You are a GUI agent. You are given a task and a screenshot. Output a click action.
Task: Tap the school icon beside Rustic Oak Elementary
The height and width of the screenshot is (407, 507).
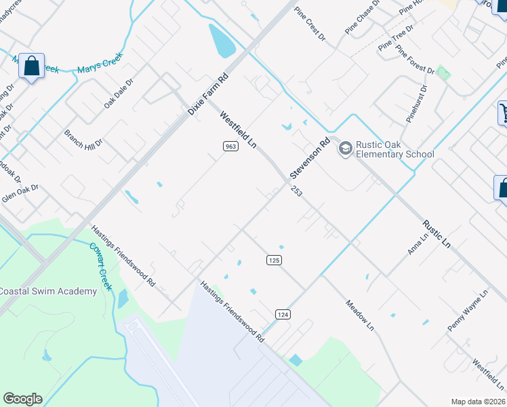(x=345, y=148)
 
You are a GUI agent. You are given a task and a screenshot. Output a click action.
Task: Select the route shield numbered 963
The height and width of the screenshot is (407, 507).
(x=230, y=147)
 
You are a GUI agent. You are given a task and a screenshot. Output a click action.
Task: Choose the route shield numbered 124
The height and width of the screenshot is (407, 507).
(x=283, y=313)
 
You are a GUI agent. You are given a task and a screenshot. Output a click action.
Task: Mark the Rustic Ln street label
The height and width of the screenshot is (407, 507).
(x=437, y=232)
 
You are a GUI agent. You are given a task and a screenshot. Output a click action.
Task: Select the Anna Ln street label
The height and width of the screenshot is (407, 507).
(x=418, y=244)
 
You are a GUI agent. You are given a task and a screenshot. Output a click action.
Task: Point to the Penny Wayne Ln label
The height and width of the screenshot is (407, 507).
(x=468, y=312)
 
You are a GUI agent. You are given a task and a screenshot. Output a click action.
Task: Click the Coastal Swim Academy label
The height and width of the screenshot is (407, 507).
(x=47, y=291)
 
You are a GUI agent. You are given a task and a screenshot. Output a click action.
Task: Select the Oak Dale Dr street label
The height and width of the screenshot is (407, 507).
(x=119, y=93)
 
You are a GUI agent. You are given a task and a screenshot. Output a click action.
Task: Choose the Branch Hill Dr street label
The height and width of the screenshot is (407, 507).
(x=83, y=138)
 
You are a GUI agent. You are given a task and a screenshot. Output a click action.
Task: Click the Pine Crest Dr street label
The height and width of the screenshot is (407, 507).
(x=310, y=25)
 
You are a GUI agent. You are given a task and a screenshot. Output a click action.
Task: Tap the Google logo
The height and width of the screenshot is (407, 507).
(x=22, y=399)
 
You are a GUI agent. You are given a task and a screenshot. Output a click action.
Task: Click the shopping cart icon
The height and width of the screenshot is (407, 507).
(x=504, y=112)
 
